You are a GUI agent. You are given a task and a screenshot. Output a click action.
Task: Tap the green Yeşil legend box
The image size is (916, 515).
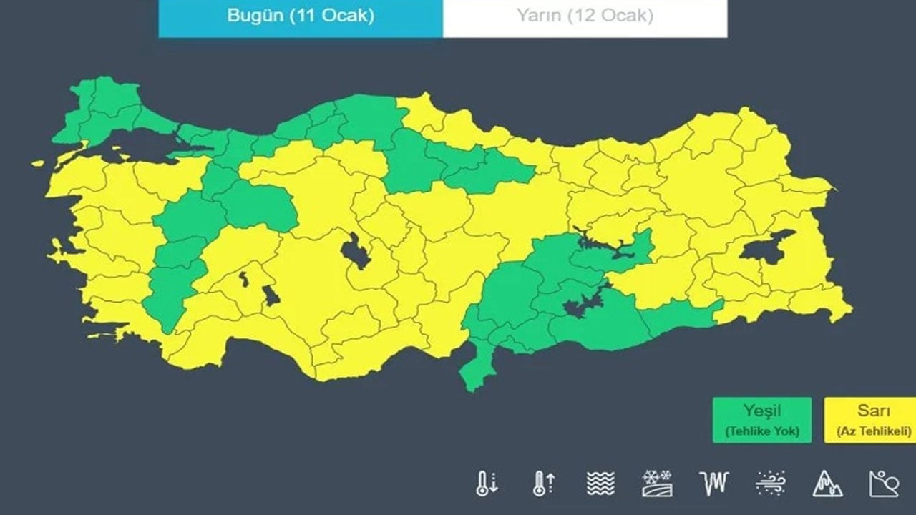tap(761, 420)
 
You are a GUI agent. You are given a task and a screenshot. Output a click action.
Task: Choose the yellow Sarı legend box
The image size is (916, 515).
tap(873, 420)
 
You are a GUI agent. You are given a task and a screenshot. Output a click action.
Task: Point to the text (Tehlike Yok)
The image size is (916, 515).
tap(761, 432)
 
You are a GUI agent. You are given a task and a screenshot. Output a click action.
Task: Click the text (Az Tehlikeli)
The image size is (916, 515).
tap(873, 432)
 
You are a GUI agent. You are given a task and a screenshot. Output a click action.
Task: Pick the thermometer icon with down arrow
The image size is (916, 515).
tap(486, 484)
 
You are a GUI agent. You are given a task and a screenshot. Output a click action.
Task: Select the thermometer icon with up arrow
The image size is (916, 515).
tap(543, 484)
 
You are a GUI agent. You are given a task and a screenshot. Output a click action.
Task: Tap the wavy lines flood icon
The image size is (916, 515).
tap(600, 484)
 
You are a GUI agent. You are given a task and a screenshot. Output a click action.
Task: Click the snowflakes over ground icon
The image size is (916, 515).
tap(657, 484)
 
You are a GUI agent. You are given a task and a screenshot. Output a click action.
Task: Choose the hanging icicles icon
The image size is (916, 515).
tap(713, 484)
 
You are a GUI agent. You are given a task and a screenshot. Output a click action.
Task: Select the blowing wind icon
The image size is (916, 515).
tap(771, 484)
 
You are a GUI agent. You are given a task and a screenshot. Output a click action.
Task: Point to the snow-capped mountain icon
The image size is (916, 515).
tap(827, 484)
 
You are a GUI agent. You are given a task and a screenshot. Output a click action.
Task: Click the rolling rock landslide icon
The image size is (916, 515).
tap(884, 484)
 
